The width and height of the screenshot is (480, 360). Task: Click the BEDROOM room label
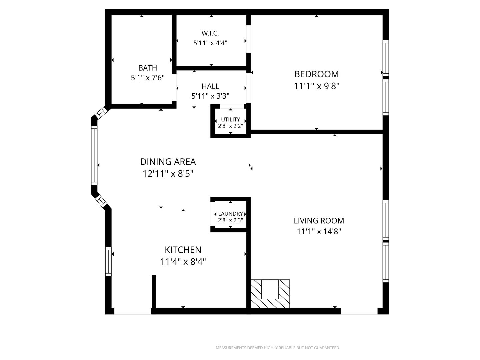[x=316, y=74]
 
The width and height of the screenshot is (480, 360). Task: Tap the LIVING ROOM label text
[x=319, y=221]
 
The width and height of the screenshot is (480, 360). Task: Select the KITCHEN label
[x=183, y=250]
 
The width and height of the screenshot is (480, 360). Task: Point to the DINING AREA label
[x=168, y=162]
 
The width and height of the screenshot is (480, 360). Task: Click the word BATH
[x=148, y=68]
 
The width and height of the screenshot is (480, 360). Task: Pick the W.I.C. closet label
[x=210, y=33]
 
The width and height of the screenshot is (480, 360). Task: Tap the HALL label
[x=210, y=86]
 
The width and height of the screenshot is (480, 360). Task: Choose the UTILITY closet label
[x=230, y=119]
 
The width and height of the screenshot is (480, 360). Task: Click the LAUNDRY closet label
[x=230, y=214]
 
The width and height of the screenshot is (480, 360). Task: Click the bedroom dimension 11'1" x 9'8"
[x=316, y=86]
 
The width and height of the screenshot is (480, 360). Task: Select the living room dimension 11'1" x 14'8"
[x=319, y=231]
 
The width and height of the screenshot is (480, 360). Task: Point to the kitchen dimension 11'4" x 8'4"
[x=183, y=261]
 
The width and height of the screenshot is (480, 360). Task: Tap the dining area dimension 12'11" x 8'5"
[x=168, y=174]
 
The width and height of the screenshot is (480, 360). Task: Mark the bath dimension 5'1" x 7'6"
[x=148, y=78]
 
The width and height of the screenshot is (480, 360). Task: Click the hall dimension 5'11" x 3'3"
[x=210, y=96]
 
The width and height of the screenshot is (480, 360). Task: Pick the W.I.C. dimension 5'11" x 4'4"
[x=210, y=43]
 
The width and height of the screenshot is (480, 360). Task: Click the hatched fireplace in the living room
[x=270, y=294]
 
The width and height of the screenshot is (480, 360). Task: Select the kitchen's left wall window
[x=108, y=261]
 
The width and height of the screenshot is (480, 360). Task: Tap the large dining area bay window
[x=94, y=155]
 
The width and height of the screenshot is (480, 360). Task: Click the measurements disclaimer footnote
[x=278, y=348]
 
